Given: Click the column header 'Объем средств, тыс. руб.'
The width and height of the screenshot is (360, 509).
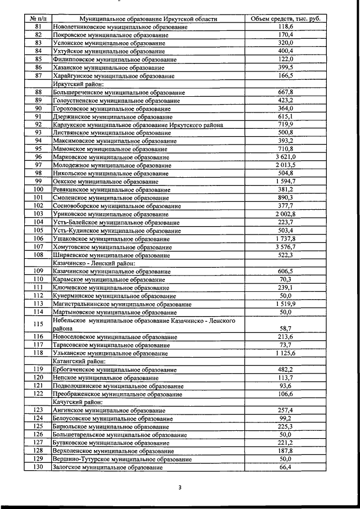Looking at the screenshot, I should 285,18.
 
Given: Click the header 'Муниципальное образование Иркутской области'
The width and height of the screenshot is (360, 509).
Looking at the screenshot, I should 148,18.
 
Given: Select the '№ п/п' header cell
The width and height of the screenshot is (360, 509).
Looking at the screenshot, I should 38,18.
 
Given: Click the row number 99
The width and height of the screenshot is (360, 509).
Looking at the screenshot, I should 38,181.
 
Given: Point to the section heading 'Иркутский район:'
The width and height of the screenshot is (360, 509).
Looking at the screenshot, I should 78,84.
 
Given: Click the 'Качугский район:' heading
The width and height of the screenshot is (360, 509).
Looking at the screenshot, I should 77,402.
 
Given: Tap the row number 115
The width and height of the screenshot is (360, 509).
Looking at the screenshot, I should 38,324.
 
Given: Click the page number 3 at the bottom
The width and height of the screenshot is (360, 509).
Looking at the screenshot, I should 180,488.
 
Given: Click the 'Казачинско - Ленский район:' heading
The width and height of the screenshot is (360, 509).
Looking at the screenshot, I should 94,263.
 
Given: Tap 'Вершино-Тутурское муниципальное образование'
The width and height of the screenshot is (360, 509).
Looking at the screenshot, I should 122,460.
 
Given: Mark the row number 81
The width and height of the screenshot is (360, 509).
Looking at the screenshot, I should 38,26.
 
